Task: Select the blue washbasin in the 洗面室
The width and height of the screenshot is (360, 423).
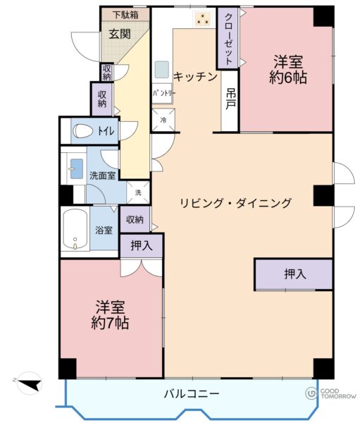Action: coord(76,168)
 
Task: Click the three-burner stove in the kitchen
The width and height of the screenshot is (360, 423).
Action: coord(202,18)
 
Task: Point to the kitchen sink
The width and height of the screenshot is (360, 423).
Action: coord(162,69)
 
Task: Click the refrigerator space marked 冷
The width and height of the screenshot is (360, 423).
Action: coord(163,120)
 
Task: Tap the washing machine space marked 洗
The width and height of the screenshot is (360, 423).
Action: coord(138,192)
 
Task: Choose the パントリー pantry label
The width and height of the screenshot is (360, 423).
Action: coord(163,94)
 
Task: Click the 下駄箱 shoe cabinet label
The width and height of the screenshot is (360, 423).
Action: coord(125,15)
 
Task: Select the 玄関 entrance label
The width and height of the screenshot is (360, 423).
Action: coord(120,34)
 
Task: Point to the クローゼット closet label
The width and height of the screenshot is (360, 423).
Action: coord(228,39)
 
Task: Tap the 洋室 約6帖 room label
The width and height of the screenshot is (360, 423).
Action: coord(288,70)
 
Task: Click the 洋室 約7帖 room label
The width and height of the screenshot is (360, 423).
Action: coord(110,314)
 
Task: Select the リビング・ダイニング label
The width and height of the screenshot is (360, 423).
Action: coord(235,202)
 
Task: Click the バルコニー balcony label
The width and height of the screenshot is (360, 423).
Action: coord(192,394)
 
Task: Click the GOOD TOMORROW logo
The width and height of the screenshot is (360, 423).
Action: coord(330,393)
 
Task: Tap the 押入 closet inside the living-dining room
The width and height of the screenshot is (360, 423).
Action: coord(293,275)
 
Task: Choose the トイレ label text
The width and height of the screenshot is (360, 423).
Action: coord(106,131)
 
